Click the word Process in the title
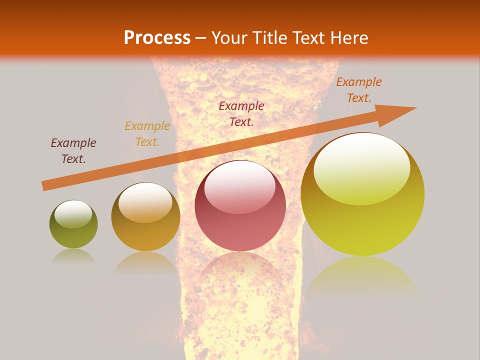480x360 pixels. pyautogui.click(x=157, y=37)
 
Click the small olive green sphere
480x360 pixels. pyautogui.click(x=73, y=224)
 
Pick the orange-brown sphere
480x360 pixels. pyautogui.click(x=145, y=217)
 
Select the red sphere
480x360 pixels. pyautogui.click(x=240, y=206)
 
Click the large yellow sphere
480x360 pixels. pyautogui.click(x=362, y=195)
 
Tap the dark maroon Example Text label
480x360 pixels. pyautogui.click(x=73, y=151)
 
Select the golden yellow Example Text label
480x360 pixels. pyautogui.click(x=147, y=134)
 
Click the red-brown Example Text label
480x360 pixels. pyautogui.click(x=241, y=113)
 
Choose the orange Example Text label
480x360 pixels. pyautogui.click(x=359, y=90)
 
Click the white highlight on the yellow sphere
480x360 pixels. pyautogui.click(x=362, y=167)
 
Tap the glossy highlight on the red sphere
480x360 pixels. pyautogui.click(x=239, y=186)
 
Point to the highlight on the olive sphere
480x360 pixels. pyautogui.click(x=73, y=213)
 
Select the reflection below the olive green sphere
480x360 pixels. pyautogui.click(x=73, y=256)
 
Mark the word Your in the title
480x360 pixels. pyautogui.click(x=229, y=37)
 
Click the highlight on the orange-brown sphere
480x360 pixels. pyautogui.click(x=145, y=201)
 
